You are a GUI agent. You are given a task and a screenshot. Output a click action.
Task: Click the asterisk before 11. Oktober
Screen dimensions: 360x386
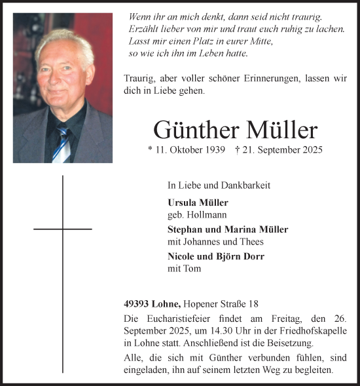151,150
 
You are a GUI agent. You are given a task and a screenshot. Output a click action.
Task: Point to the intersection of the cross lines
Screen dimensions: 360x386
63,229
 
